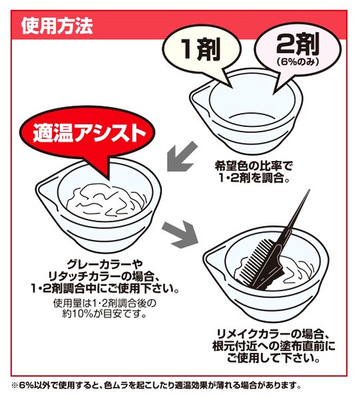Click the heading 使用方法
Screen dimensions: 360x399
[57, 26]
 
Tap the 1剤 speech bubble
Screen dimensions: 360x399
[201, 51]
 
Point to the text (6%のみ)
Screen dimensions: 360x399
[297, 62]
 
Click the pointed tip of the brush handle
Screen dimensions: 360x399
[309, 190]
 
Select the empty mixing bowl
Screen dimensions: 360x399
[246, 110]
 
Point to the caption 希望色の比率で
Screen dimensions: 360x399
[254, 166]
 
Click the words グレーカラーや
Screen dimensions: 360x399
[104, 265]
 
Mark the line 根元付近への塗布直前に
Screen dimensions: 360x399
[273, 346]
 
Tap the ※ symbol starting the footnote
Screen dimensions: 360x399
[15, 385]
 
